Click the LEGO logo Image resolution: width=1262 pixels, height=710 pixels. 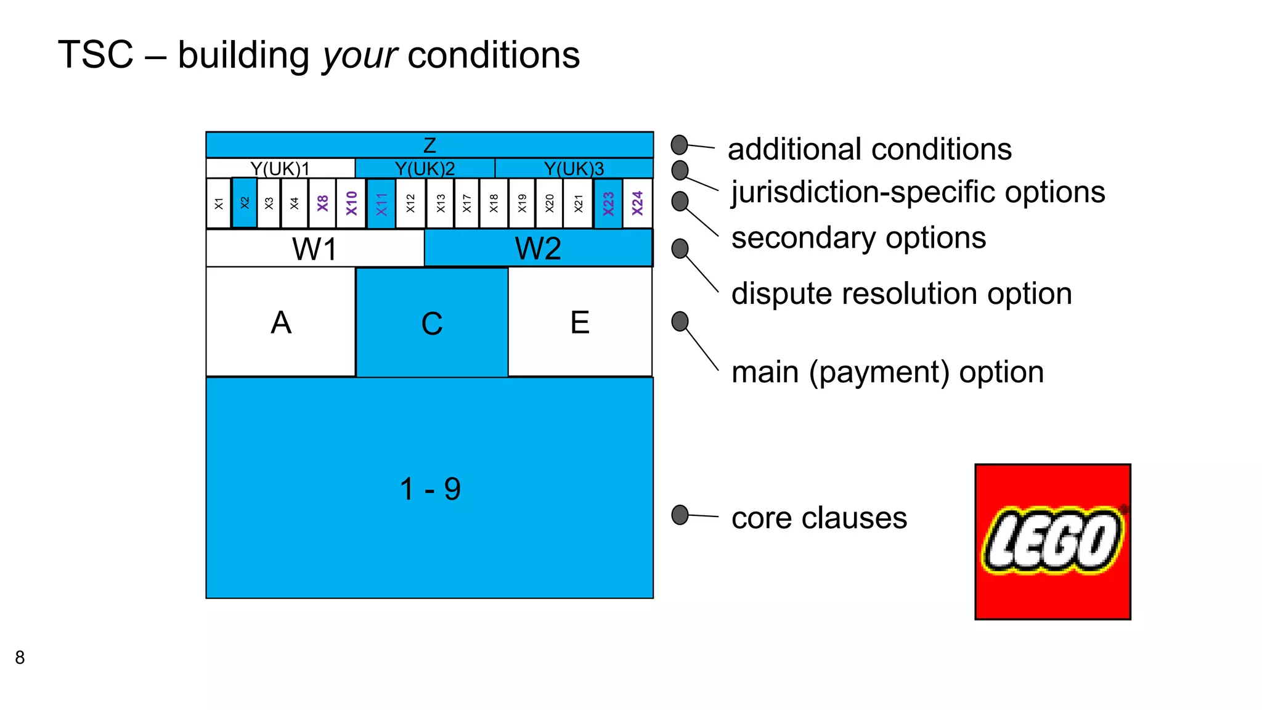[1052, 542]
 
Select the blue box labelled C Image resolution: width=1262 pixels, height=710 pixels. [432, 322]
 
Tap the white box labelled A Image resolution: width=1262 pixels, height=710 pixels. [281, 322]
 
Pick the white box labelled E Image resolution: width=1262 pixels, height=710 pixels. [580, 322]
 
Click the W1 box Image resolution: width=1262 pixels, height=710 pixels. [315, 248]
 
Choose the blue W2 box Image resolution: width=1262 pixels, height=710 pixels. [538, 248]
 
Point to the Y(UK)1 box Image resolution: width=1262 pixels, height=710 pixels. [280, 168]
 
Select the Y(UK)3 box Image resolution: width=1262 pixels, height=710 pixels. [574, 168]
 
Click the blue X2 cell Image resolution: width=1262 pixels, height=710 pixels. [245, 203]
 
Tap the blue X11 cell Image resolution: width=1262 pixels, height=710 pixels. [381, 203]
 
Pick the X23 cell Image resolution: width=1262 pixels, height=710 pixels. [608, 203]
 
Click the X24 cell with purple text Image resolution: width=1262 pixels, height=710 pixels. [637, 203]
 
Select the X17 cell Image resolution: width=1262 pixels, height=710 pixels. [466, 203]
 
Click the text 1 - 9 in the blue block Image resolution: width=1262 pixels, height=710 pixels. [430, 489]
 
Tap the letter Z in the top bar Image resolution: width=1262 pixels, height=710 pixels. [429, 145]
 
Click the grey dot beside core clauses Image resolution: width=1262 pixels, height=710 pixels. [680, 515]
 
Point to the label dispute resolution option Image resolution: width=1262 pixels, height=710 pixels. [902, 293]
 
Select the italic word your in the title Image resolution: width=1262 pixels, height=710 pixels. [360, 55]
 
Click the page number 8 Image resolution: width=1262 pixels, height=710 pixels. [20, 658]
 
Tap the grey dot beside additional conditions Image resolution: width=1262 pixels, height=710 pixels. [679, 145]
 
